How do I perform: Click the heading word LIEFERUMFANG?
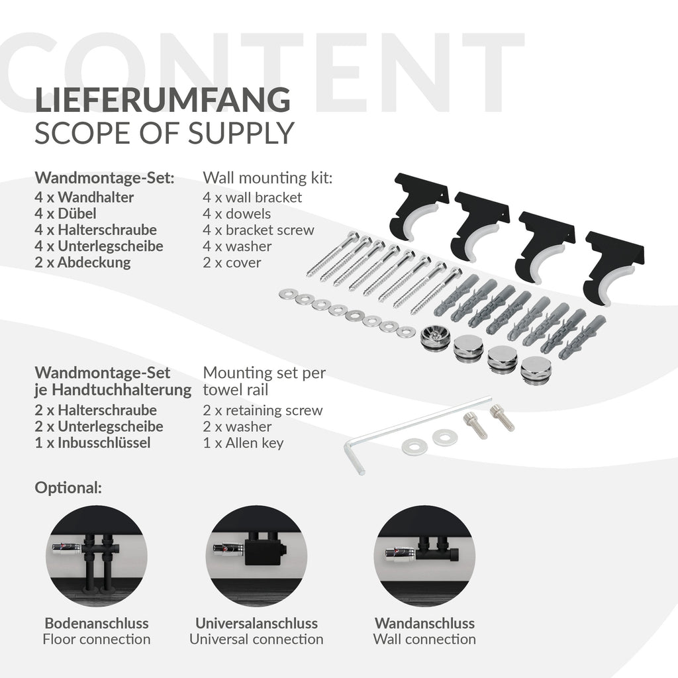click(163, 99)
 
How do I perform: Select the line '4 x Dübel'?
click(66, 214)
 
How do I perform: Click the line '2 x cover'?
click(232, 262)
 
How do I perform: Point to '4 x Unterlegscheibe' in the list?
click(99, 246)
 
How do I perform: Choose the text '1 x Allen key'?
click(243, 443)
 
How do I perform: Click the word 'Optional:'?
click(68, 488)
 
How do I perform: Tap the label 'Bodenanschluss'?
click(97, 623)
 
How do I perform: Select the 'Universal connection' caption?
click(256, 639)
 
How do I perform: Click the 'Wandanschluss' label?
click(424, 623)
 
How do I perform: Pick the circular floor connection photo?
click(97, 556)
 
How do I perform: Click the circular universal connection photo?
click(256, 556)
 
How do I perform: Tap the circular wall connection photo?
click(424, 556)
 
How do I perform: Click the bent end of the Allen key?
click(355, 460)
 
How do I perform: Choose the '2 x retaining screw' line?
click(262, 411)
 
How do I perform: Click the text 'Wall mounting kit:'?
click(267, 178)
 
